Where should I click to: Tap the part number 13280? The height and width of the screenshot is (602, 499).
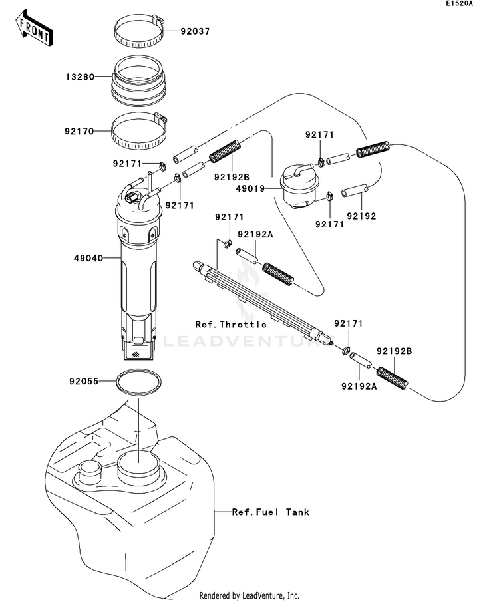coord(79,77)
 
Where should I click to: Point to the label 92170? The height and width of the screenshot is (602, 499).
coord(79,132)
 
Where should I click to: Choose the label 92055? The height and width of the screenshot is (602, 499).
coord(83,382)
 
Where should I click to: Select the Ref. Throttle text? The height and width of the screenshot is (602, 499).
coord(231,325)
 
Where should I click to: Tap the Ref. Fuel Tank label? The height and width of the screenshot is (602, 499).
coord(271,512)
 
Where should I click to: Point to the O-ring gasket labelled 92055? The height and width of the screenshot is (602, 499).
coord(138,383)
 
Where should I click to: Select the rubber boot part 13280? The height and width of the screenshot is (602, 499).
coord(139,80)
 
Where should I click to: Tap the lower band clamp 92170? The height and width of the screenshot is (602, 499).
coord(139,131)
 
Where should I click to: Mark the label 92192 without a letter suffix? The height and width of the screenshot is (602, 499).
coord(361,216)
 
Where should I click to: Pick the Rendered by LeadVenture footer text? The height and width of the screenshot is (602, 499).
coord(249,595)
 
